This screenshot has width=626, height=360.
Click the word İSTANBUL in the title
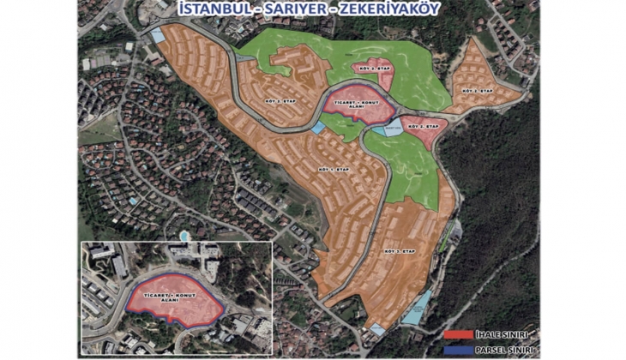pos(210,9)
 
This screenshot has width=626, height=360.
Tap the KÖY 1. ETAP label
pos(334,170)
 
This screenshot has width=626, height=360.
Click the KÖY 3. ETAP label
pos(403,251)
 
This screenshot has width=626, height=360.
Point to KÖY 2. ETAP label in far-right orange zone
pos(477,90)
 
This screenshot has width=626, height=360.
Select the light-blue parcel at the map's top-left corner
pos(158,36)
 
